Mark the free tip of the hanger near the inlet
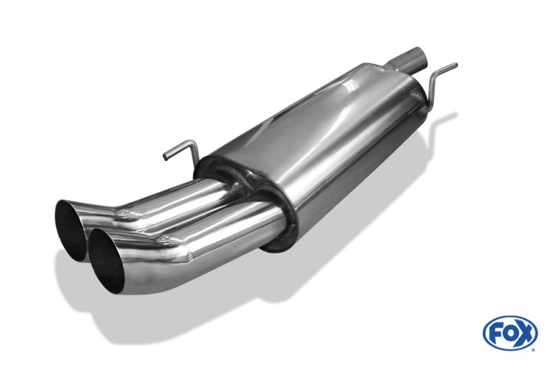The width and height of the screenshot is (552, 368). (455, 65)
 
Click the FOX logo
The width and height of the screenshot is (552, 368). (510, 333)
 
